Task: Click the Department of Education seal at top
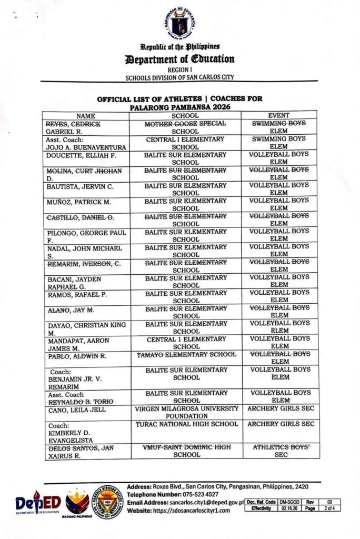pos(179,24)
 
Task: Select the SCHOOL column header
pos(185,115)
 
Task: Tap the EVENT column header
pos(279,115)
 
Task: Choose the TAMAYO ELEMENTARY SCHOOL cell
pos(186,355)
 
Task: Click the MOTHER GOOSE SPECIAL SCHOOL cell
pos(186,127)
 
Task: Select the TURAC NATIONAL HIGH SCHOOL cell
pos(186,424)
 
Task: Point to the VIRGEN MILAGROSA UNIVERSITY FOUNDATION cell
pos(186,412)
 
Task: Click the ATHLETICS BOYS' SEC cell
pos(279,451)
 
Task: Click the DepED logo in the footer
pos(38,504)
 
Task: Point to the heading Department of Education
pos(179,59)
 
